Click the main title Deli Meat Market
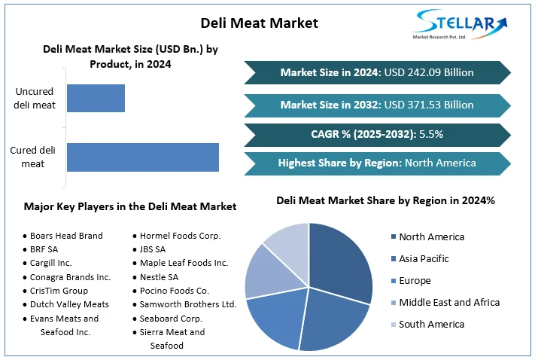click(x=260, y=23)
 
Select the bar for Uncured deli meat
click(x=96, y=99)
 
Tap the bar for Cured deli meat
click(x=143, y=157)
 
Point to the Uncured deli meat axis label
click(x=35, y=99)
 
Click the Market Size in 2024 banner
click(x=376, y=72)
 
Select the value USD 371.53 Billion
click(x=428, y=105)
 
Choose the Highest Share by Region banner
click(x=376, y=163)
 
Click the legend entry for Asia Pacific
click(x=423, y=258)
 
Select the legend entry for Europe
click(x=415, y=280)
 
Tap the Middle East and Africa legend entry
click(x=448, y=302)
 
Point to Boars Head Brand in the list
click(x=66, y=236)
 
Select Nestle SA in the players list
click(x=159, y=276)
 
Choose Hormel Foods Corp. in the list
click(x=180, y=236)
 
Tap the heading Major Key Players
click(x=130, y=206)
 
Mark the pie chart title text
click(x=385, y=200)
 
